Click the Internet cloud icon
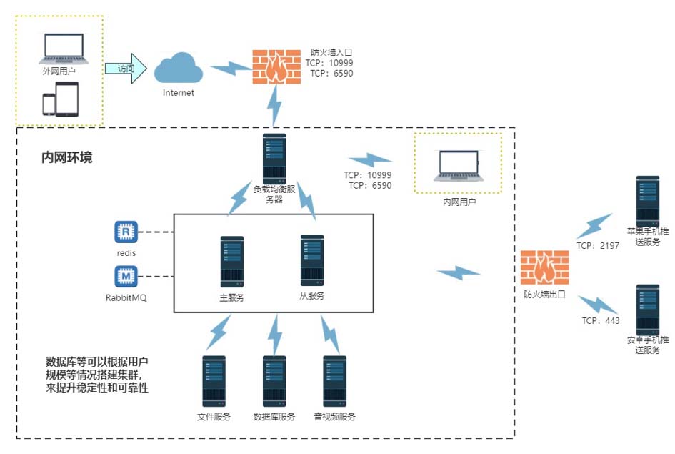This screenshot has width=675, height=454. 178,69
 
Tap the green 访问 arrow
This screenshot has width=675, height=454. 126,69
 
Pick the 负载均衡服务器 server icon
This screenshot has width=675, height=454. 274,158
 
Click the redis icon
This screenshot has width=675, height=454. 125,232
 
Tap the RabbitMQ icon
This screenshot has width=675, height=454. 125,276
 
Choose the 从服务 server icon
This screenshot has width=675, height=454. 312,260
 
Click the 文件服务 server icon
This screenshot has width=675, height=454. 214,382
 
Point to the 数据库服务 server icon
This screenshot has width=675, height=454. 274,382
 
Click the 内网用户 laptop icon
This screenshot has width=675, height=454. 459,167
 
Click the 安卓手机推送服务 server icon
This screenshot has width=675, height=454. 648,307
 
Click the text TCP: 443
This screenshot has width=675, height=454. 601,321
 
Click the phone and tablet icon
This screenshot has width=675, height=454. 60,99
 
